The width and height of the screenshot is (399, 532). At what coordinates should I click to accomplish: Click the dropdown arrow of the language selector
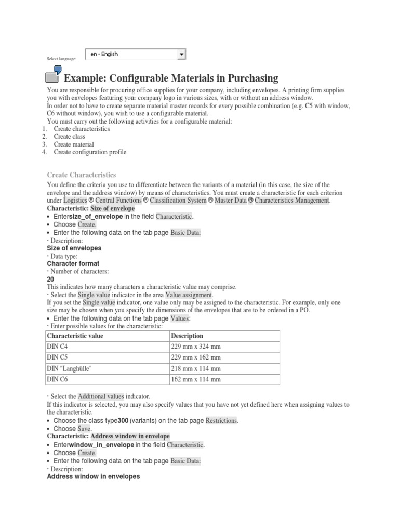[181, 54]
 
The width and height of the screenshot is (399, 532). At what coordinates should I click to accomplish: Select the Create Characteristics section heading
[82, 175]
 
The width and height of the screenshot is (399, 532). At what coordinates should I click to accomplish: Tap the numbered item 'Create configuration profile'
[90, 152]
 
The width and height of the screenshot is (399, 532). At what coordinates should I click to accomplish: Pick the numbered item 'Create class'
[70, 137]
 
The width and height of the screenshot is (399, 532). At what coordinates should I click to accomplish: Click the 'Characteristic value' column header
[75, 336]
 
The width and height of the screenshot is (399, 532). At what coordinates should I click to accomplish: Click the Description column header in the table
[187, 336]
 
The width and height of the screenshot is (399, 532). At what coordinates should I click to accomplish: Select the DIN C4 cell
[58, 347]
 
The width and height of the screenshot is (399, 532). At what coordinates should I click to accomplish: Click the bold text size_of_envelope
[96, 216]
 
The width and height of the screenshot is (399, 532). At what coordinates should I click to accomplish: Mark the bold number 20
[50, 279]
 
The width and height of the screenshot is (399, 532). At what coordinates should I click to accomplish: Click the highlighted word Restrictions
[222, 420]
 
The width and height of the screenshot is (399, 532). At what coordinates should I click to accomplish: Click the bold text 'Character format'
[73, 263]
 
